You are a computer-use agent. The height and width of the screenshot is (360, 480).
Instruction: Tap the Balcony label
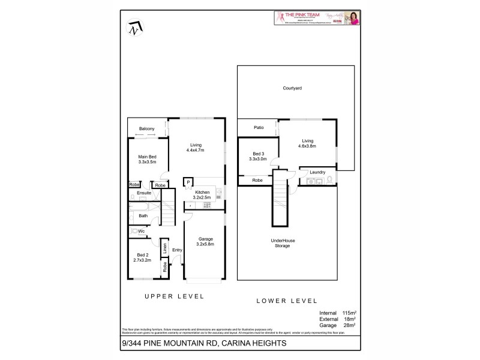click(147, 129)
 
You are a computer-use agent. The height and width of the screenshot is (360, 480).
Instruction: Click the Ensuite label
click(144, 193)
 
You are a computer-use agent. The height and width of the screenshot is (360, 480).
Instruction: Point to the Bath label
click(143, 216)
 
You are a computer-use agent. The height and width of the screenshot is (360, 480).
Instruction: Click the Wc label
click(142, 231)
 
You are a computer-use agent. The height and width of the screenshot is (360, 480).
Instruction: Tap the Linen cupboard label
click(164, 248)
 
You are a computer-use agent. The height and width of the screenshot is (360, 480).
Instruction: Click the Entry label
click(177, 250)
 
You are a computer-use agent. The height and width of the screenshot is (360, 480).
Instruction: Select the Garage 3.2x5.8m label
click(206, 242)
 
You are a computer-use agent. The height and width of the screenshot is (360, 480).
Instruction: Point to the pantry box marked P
click(188, 182)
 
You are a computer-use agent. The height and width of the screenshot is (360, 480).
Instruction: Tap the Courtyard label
click(292, 89)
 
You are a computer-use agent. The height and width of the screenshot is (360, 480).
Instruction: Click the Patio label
click(259, 127)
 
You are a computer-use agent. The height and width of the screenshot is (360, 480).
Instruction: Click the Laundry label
click(318, 172)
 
